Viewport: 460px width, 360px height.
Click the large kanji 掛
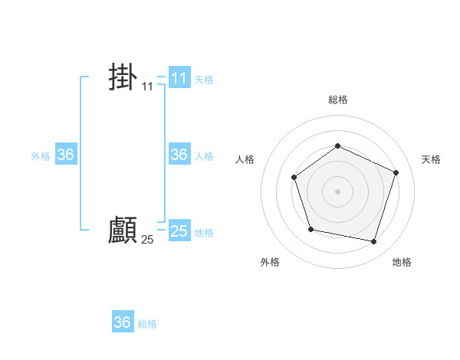[123, 77]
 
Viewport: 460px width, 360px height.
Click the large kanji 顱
[123, 230]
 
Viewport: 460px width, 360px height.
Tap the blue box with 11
[179, 78]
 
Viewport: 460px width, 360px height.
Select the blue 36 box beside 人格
[179, 155]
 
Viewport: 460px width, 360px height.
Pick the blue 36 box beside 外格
[65, 155]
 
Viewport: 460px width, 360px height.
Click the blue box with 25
[179, 231]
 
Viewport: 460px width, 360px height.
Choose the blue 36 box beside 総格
[122, 322]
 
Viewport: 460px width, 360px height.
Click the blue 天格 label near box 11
[204, 80]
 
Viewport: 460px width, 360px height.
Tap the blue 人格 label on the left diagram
[204, 156]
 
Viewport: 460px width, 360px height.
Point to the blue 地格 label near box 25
[204, 233]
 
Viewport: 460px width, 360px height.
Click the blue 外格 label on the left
[41, 156]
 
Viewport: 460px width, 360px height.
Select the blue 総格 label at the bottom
[147, 324]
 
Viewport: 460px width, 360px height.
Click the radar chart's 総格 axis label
[337, 100]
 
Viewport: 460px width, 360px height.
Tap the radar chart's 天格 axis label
[431, 159]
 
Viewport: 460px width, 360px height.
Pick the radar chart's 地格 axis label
[402, 262]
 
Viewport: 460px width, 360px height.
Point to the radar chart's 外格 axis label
[270, 262]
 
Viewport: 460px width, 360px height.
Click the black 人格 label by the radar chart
[245, 159]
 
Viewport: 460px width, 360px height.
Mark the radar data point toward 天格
[396, 172]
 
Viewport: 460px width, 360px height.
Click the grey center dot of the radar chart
[337, 191]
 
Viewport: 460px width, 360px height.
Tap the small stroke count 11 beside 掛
[147, 87]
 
